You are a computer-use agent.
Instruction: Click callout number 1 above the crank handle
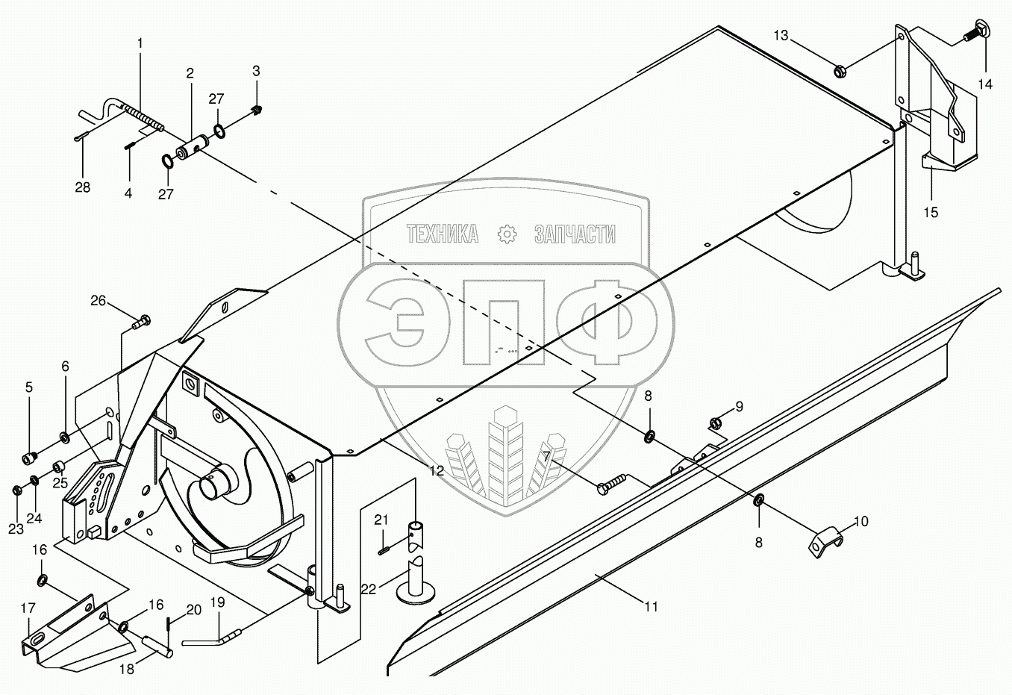(x=140, y=44)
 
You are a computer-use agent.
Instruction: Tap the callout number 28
(x=82, y=187)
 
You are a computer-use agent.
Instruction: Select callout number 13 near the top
(x=780, y=35)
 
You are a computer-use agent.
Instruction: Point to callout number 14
(x=985, y=84)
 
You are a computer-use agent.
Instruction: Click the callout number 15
(x=931, y=213)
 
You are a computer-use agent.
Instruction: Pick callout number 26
(x=99, y=301)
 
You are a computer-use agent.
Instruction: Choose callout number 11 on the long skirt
(x=652, y=606)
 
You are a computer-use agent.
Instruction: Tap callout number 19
(x=217, y=601)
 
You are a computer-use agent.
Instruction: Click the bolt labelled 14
(x=975, y=32)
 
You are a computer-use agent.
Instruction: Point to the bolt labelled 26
(x=141, y=322)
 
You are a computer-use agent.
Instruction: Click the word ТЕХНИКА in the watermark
(x=443, y=234)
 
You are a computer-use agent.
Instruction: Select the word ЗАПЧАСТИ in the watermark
(x=575, y=234)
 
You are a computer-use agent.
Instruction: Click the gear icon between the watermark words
(x=507, y=234)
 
